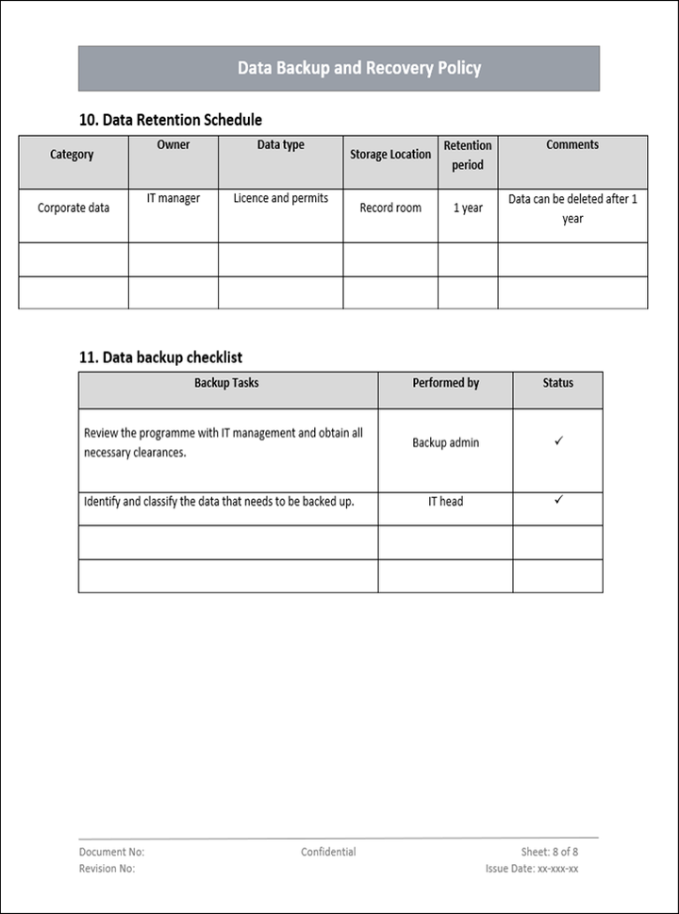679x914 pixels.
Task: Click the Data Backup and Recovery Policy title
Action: (x=358, y=68)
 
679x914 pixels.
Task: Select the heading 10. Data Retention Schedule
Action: (x=171, y=120)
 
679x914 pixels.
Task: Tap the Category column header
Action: (x=72, y=155)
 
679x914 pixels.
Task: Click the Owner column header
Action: (x=173, y=145)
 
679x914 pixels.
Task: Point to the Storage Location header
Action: (x=390, y=155)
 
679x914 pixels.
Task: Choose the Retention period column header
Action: (x=468, y=155)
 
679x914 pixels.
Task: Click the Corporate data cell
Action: (x=74, y=208)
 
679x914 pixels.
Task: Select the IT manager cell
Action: (x=173, y=199)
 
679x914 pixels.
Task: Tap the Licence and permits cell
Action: (x=281, y=199)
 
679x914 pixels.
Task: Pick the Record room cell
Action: (x=390, y=208)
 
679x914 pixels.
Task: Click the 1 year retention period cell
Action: (x=468, y=208)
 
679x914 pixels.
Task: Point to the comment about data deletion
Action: (x=572, y=208)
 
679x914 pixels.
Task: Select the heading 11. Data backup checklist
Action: (x=160, y=357)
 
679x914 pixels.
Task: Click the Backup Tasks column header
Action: (x=226, y=383)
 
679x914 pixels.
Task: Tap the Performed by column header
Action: (x=446, y=383)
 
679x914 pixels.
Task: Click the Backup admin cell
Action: (x=446, y=442)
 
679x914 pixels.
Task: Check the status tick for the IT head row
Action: (x=558, y=499)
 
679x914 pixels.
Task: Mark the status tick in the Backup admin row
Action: (x=558, y=440)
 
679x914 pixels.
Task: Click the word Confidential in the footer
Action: (x=328, y=852)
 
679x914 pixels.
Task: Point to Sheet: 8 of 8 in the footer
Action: (x=550, y=852)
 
